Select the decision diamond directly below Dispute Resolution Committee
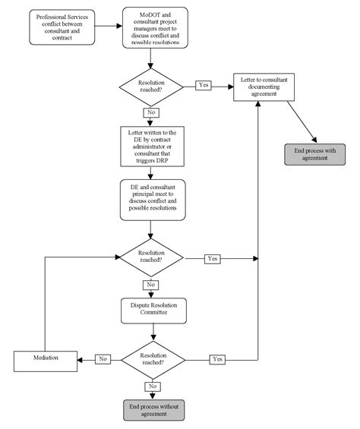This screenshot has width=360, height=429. [x=153, y=358]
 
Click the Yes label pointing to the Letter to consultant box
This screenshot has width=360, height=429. [x=204, y=85]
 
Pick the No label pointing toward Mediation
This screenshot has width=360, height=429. [x=103, y=358]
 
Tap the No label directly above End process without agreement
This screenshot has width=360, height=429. [x=153, y=386]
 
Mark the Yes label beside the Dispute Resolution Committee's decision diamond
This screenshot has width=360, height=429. [x=218, y=358]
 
